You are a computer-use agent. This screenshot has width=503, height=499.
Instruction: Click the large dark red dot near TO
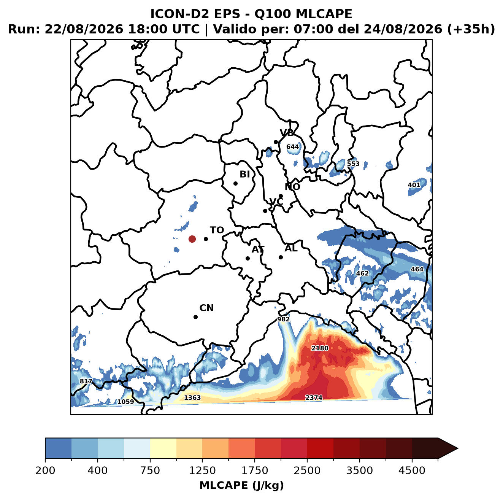(192, 239)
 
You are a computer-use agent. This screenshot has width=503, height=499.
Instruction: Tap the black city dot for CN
(195, 317)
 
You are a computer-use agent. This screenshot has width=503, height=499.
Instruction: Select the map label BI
(244, 174)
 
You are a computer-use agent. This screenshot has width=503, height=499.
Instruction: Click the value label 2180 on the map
(320, 348)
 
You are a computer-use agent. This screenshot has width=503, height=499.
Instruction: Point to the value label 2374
(314, 397)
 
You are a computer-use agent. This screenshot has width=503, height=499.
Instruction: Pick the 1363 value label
(192, 397)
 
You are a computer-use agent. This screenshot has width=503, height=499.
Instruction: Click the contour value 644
(292, 147)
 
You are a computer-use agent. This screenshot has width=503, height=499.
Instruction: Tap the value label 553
(353, 164)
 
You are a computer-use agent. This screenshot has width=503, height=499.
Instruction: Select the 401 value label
(414, 185)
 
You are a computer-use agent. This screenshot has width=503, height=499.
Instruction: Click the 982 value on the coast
(283, 319)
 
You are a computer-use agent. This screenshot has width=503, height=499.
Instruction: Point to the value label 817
(86, 381)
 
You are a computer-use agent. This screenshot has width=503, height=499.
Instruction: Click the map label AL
(291, 248)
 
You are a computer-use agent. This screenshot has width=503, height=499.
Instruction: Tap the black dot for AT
(248, 258)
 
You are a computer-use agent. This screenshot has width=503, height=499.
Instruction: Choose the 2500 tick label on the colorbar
(307, 470)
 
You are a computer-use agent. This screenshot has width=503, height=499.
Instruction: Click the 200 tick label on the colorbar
(45, 470)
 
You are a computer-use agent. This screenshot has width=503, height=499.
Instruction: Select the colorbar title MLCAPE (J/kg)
(241, 485)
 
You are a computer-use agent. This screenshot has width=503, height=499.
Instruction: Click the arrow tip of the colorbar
(458, 448)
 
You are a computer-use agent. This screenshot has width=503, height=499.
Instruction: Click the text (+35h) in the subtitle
(471, 29)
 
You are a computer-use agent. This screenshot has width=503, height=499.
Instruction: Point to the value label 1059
(125, 402)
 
